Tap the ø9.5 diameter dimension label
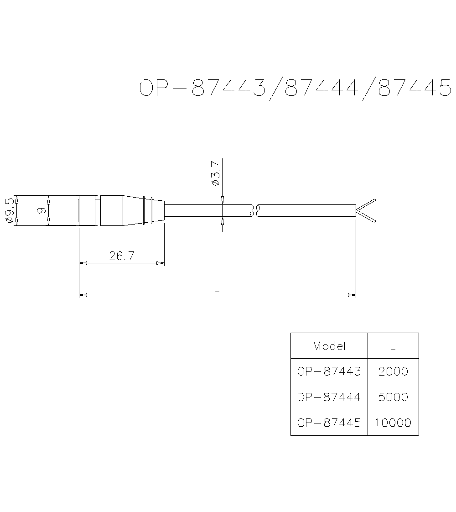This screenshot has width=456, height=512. [x=10, y=210]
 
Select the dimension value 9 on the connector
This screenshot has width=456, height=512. [x=40, y=210]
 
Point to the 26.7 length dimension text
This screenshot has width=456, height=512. [x=121, y=256]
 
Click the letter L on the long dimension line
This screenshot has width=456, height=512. [x=217, y=288]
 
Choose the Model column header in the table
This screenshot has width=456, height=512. [x=329, y=346]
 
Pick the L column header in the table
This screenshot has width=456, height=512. [x=393, y=346]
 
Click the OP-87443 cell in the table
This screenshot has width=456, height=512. [x=329, y=371]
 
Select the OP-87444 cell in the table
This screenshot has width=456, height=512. [x=329, y=397]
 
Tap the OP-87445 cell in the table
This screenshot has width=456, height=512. [x=329, y=423]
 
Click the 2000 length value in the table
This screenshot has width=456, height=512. [x=393, y=371]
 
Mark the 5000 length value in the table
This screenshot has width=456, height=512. [x=393, y=397]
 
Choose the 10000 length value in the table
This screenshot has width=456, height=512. [x=393, y=423]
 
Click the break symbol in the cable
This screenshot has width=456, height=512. [x=255, y=210]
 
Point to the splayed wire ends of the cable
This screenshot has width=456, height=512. [x=367, y=211]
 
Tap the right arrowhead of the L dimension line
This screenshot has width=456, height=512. [x=352, y=295]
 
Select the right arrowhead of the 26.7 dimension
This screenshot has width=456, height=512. [x=161, y=263]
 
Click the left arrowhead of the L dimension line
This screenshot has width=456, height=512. [x=83, y=295]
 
